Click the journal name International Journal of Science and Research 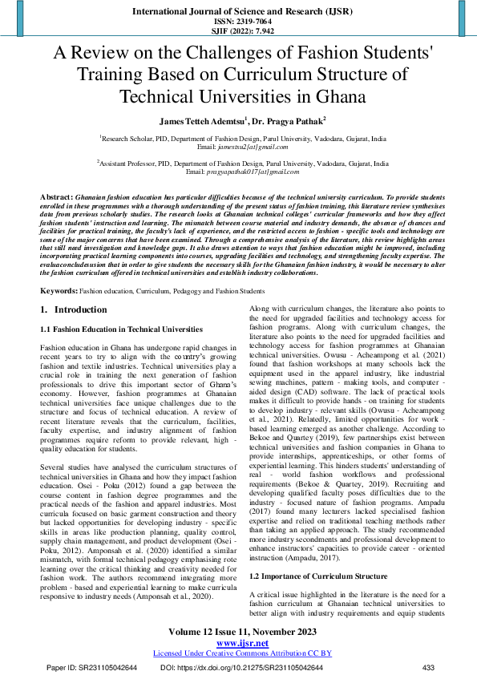(237, 12)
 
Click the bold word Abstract (56, 196)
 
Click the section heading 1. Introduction (73, 309)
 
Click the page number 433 (428, 667)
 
